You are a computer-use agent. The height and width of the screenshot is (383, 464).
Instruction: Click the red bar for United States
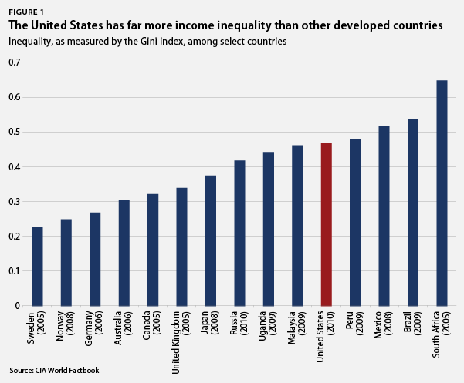coord(326,224)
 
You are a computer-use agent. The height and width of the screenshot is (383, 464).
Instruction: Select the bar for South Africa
coord(442,193)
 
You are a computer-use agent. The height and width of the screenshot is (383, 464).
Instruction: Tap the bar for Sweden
coord(37,266)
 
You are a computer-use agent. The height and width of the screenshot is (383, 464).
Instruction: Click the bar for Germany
coord(95,259)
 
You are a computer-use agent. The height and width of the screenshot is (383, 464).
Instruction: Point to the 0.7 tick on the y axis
coord(15,62)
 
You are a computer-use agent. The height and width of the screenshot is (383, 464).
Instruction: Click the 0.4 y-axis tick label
coord(15,166)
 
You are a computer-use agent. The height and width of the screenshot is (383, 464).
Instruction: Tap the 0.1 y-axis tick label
coord(15,271)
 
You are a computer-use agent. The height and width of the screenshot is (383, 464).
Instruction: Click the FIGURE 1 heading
coord(25,11)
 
